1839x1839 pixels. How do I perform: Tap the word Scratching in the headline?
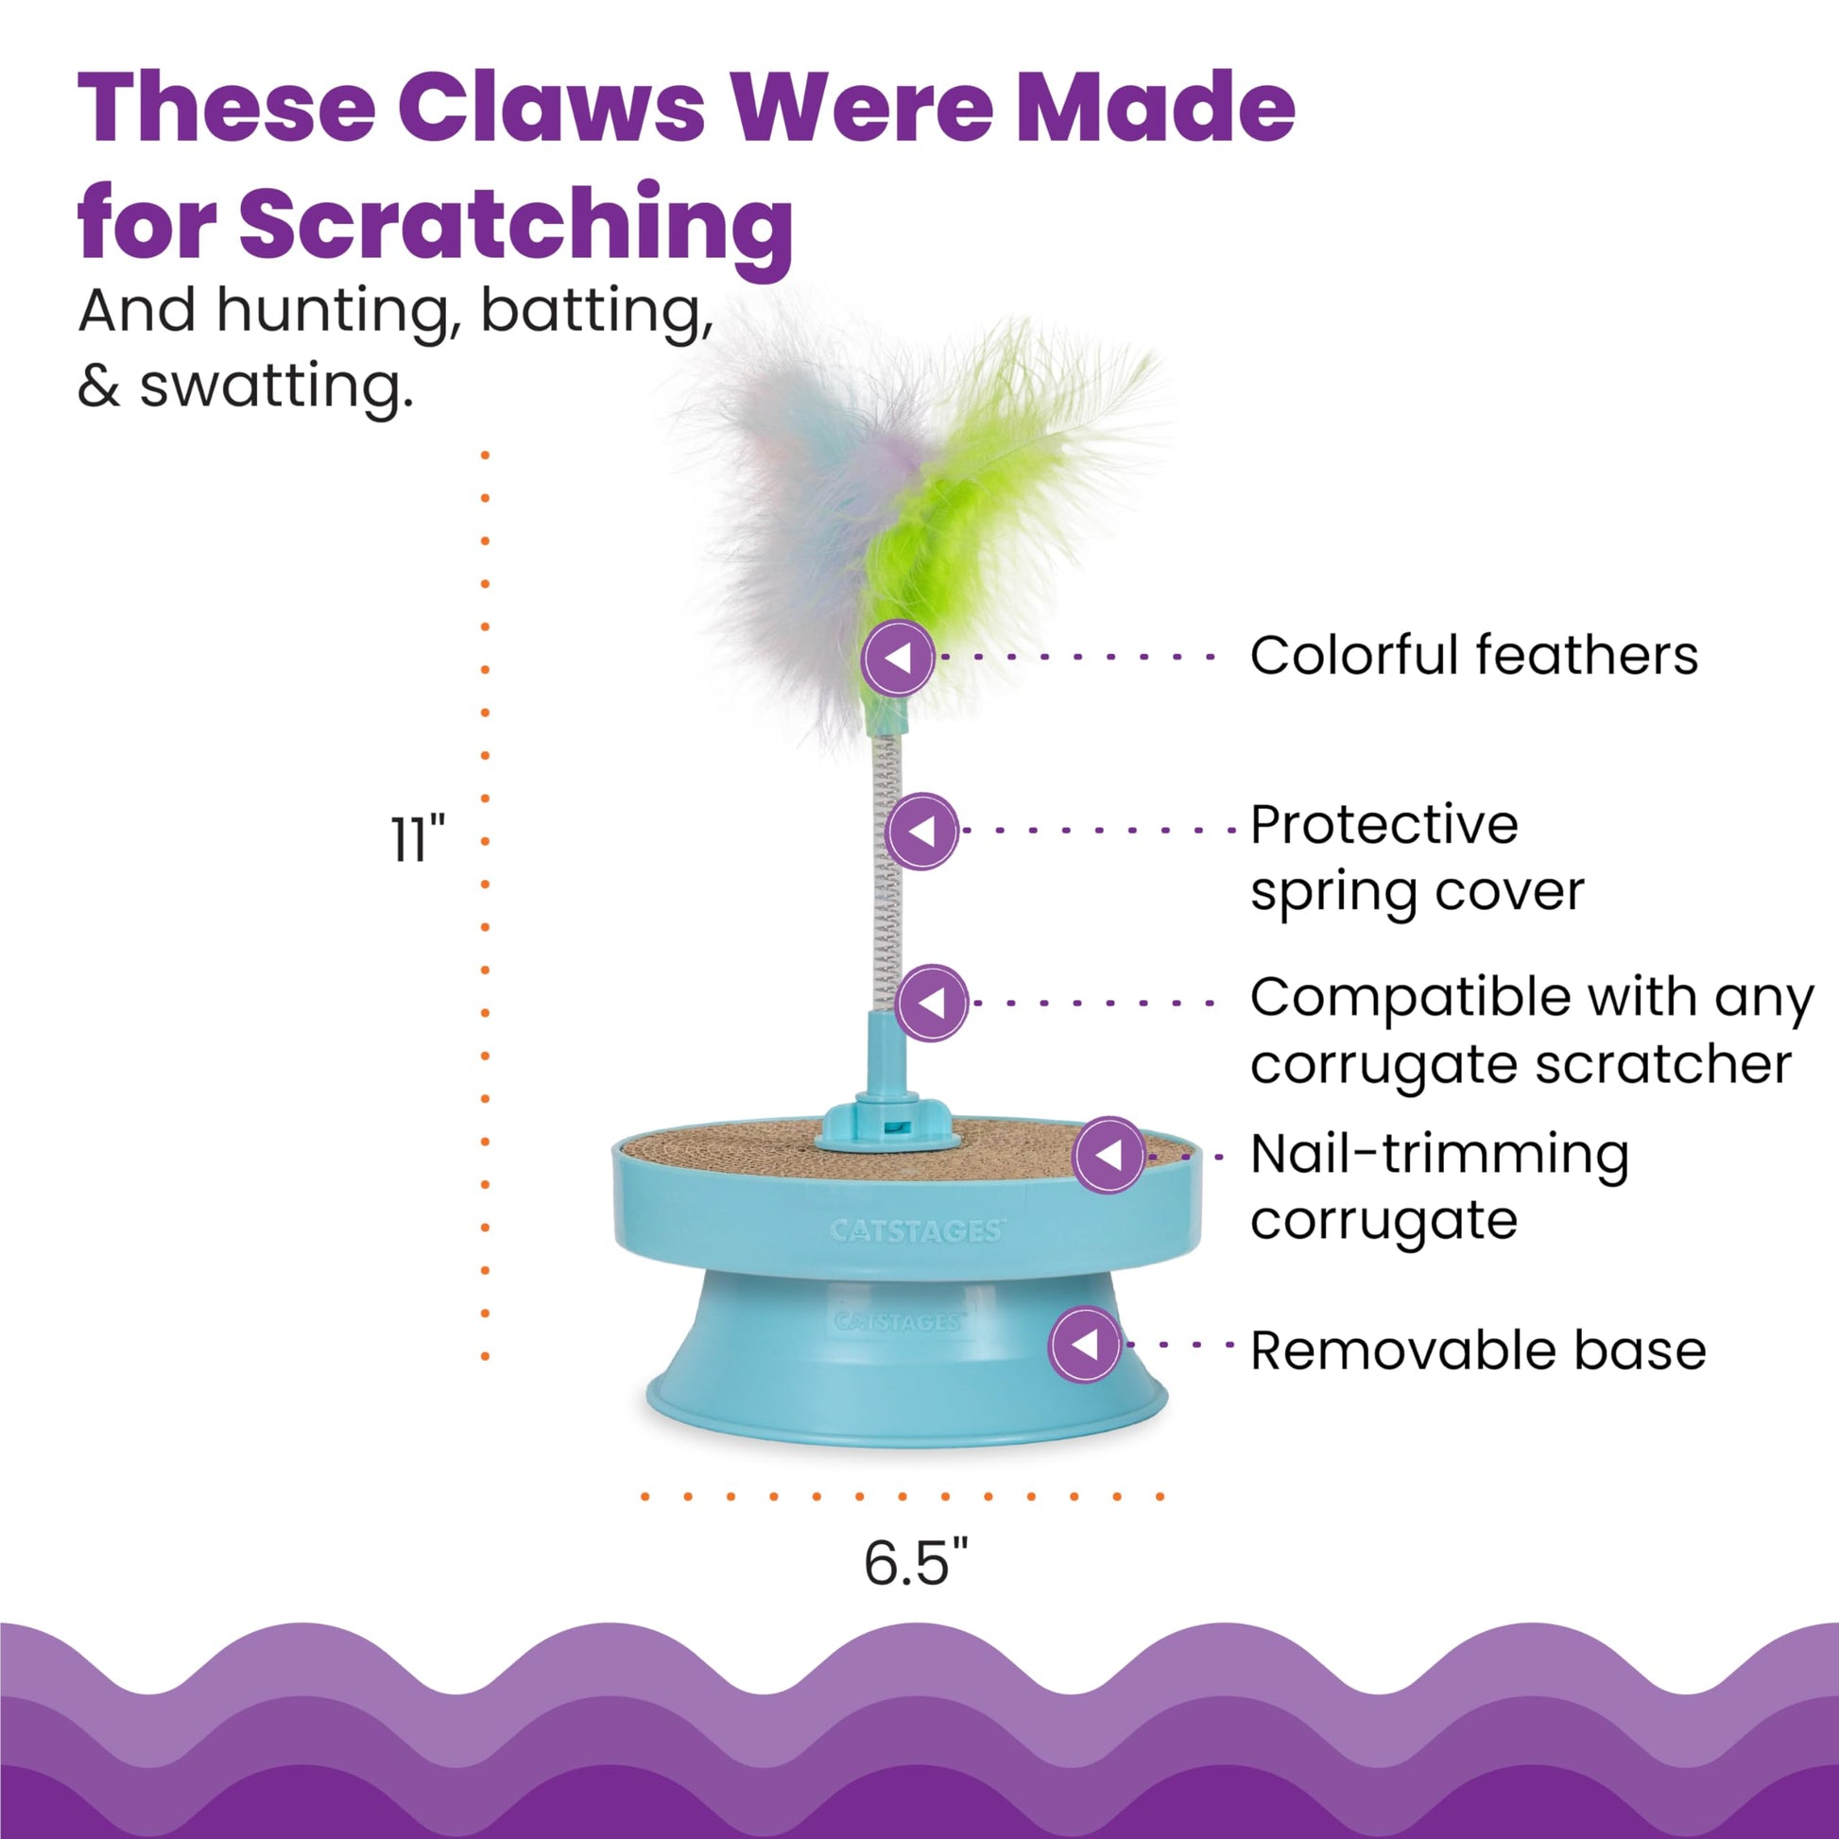click(516, 225)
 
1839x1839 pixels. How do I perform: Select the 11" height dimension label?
click(418, 839)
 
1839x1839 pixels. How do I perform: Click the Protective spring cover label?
click(1417, 858)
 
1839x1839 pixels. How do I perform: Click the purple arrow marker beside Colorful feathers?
click(898, 657)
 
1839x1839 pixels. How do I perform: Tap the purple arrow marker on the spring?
click(921, 831)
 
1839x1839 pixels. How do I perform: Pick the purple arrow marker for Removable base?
click(1085, 1345)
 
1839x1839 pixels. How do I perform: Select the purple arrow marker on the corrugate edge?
click(1109, 1155)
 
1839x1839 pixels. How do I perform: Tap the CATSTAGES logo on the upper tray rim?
click(916, 1230)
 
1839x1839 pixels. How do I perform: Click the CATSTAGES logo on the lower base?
click(899, 1322)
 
